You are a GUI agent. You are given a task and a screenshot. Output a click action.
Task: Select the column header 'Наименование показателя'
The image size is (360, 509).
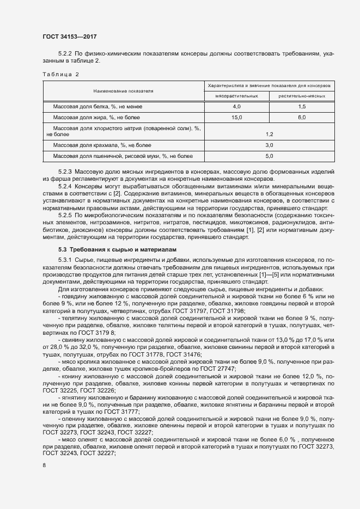[x=123, y=91]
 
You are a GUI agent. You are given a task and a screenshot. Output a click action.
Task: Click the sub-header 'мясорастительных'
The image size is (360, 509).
[x=236, y=96]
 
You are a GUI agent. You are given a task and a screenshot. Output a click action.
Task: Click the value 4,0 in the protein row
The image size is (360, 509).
[x=236, y=107]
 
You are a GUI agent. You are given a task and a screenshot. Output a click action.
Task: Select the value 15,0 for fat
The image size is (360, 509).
[x=236, y=117]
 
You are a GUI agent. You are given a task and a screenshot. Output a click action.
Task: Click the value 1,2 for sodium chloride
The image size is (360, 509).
[x=269, y=133]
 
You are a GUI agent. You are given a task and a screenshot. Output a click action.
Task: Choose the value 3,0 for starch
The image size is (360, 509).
[x=269, y=145]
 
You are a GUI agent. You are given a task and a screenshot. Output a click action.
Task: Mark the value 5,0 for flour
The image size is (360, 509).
[x=269, y=157]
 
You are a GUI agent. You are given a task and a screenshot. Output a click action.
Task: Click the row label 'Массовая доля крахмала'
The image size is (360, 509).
[x=102, y=145]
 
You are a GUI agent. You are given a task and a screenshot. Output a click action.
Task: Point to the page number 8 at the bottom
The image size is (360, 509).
[x=44, y=465]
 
